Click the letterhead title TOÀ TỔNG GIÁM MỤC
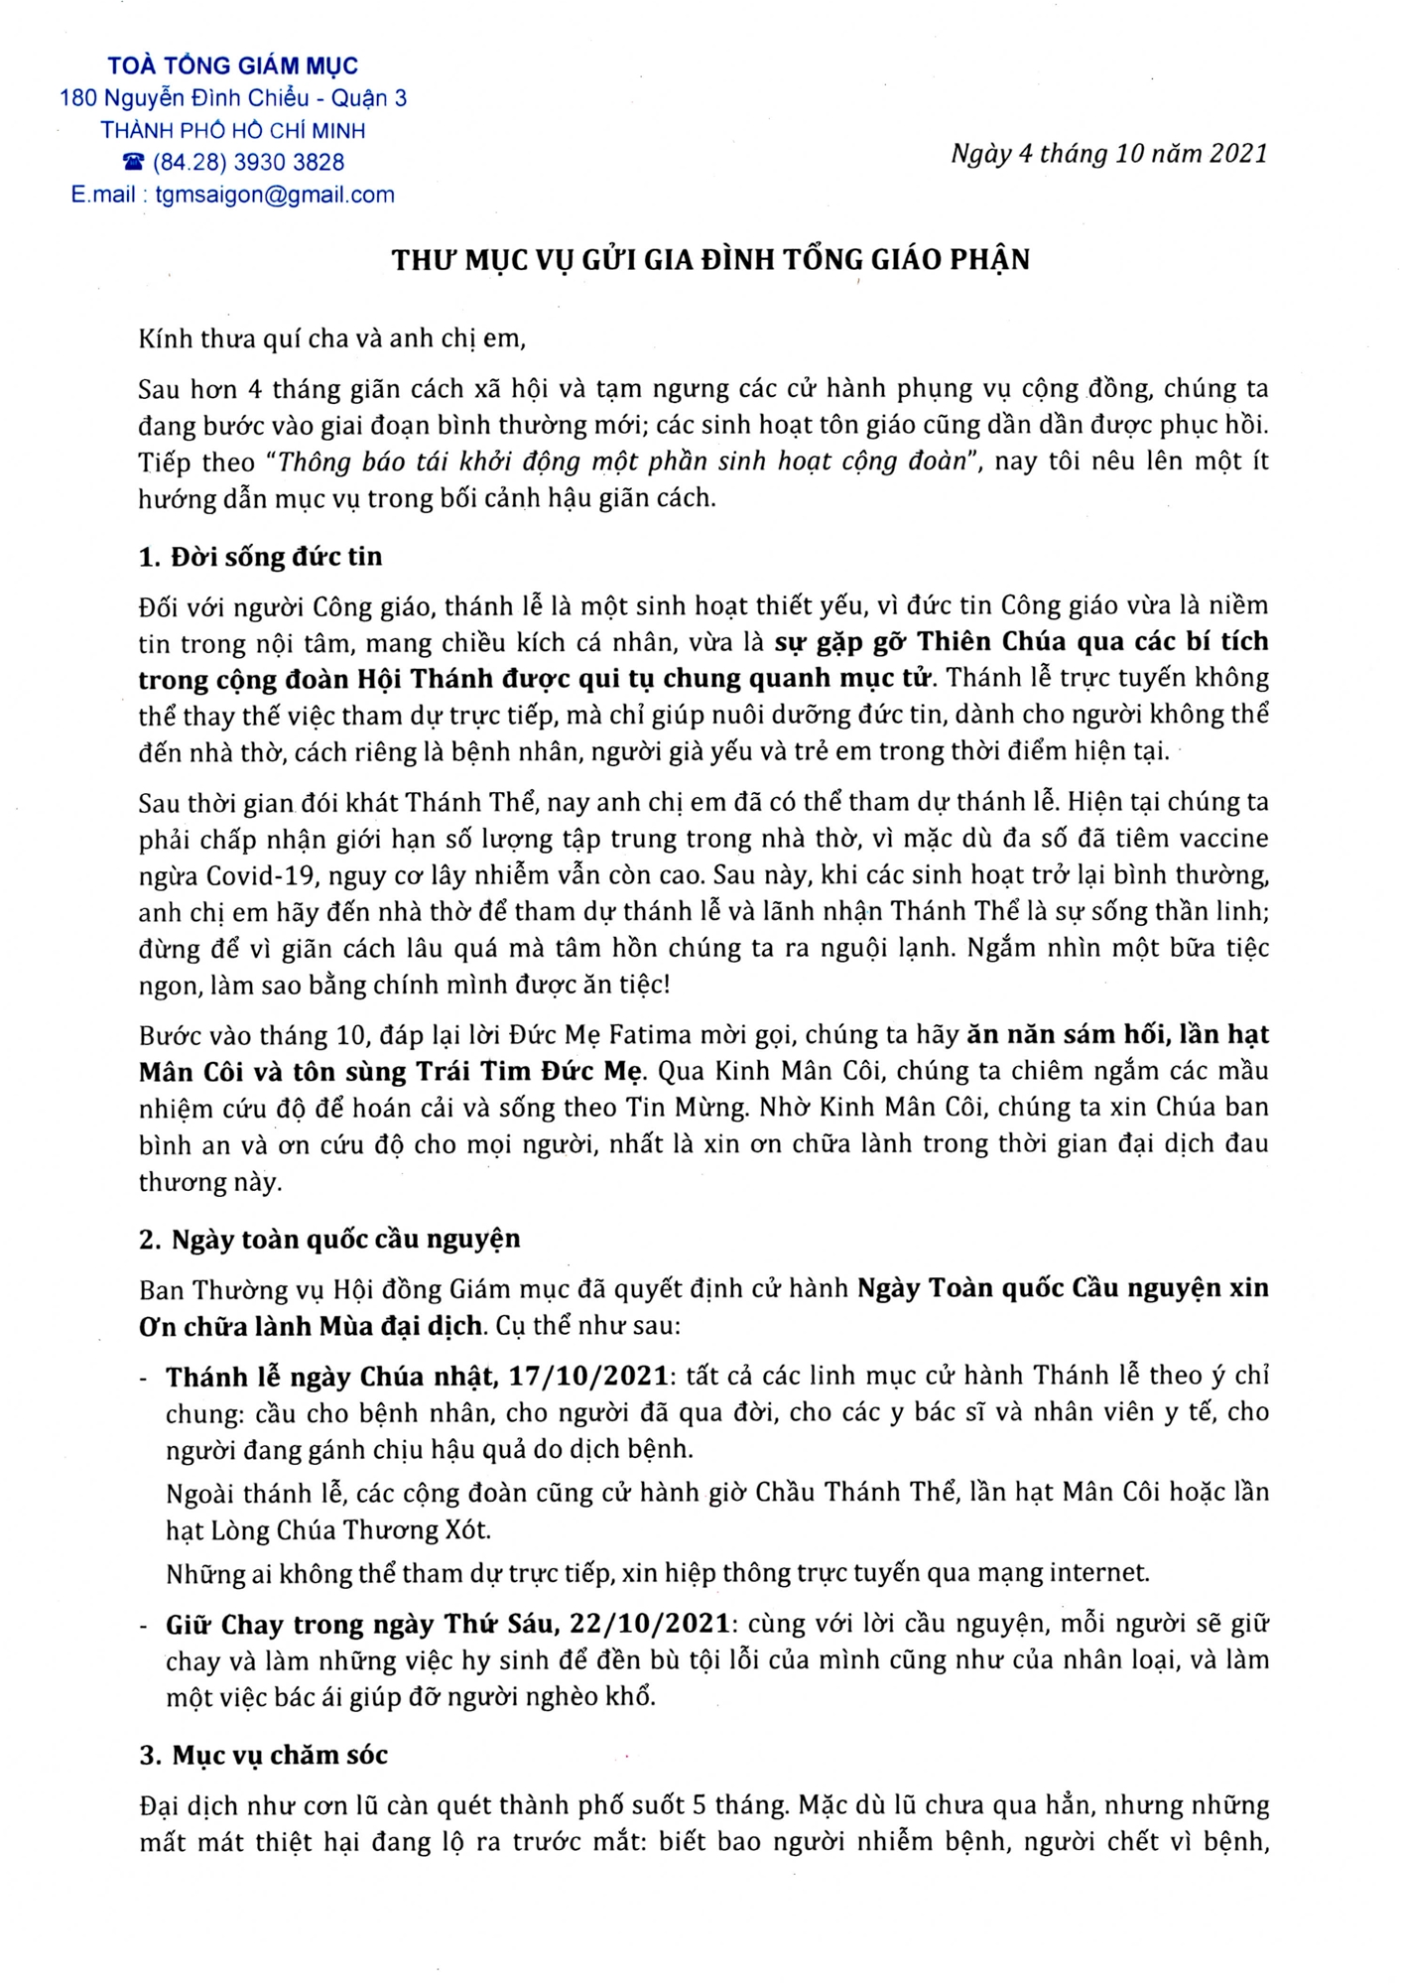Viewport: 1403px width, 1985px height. tap(233, 66)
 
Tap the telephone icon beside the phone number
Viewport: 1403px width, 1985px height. tap(133, 162)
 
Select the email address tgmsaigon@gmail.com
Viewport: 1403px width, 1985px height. tap(275, 195)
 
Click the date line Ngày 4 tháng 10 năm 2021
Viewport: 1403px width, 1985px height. tap(1109, 153)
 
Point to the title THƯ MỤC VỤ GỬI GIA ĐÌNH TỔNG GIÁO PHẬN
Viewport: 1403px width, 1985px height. tap(710, 260)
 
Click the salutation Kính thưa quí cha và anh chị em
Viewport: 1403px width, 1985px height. tap(331, 338)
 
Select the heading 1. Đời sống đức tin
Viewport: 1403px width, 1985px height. tap(260, 557)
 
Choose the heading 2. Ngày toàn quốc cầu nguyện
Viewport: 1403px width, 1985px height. tap(329, 1239)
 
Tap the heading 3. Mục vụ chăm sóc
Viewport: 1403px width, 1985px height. tap(263, 1755)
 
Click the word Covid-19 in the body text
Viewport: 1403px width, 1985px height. tap(261, 876)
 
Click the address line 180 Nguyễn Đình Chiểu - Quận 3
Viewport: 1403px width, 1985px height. tap(233, 98)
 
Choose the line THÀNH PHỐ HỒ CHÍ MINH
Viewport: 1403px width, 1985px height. tap(233, 130)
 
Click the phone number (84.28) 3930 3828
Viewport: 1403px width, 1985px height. tap(248, 162)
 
